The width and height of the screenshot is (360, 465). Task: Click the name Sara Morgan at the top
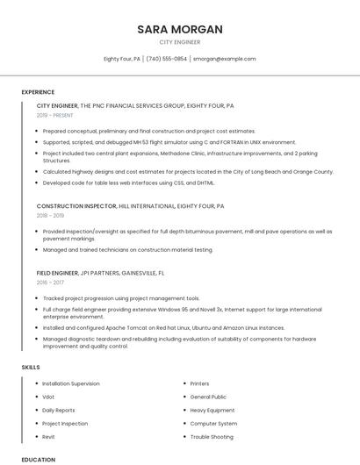click(179, 29)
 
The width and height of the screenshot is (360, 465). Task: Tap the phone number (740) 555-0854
click(167, 59)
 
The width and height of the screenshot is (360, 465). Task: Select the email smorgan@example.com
click(224, 59)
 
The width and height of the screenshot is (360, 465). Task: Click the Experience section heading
click(38, 91)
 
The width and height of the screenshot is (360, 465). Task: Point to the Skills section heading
click(31, 367)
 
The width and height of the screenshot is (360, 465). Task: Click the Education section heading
click(38, 459)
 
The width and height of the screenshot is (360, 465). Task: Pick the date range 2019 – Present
click(55, 115)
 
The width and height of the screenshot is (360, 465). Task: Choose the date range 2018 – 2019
click(50, 215)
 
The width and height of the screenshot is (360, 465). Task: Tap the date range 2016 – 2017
click(50, 282)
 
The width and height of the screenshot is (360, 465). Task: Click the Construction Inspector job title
click(76, 206)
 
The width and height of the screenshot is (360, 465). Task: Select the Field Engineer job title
click(58, 273)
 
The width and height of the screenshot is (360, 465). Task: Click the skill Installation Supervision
click(71, 383)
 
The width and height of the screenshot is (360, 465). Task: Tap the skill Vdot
click(48, 397)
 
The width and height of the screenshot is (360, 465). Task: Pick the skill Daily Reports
click(59, 410)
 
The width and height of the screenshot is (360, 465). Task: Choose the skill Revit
click(49, 436)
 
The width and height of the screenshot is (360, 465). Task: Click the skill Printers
click(199, 383)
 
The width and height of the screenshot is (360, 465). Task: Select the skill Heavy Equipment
click(212, 410)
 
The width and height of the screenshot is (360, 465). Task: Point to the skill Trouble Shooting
click(212, 436)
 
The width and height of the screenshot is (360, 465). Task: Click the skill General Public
click(208, 397)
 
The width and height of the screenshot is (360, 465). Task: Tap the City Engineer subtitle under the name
click(179, 42)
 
